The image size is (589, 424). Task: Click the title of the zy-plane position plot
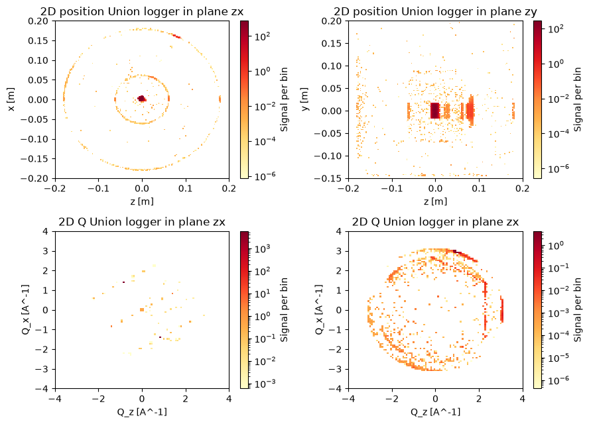pyautogui.click(x=435, y=12)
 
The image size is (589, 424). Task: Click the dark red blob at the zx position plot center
pyautogui.click(x=141, y=98)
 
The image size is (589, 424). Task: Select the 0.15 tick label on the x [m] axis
pyautogui.click(x=38, y=40)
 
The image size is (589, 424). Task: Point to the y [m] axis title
pyautogui.click(x=304, y=99)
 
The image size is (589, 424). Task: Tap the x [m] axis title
pyautogui.click(x=11, y=99)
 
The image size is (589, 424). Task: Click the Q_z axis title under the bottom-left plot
pyautogui.click(x=142, y=412)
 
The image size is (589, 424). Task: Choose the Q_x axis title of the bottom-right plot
pyautogui.click(x=319, y=310)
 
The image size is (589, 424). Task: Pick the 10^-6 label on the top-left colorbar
pyautogui.click(x=265, y=176)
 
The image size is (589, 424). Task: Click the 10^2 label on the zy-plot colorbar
pyautogui.click(x=556, y=28)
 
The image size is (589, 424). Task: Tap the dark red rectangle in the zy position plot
pyautogui.click(x=434, y=111)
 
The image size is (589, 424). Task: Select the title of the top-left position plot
pyautogui.click(x=142, y=12)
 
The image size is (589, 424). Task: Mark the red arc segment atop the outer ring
pyautogui.click(x=176, y=36)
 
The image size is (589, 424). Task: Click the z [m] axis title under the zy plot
pyautogui.click(x=435, y=201)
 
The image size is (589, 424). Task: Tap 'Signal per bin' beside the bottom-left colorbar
pyautogui.click(x=284, y=310)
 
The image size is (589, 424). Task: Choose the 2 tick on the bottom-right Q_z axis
pyautogui.click(x=479, y=399)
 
